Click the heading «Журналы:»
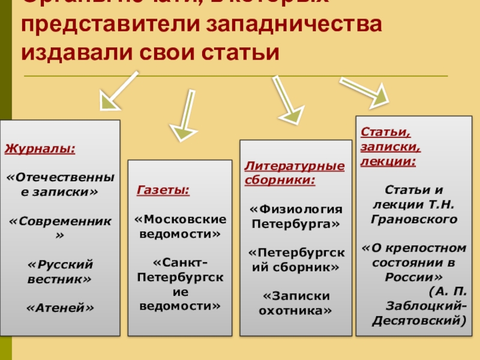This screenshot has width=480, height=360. coord(40,148)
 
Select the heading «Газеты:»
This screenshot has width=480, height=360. coord(163,190)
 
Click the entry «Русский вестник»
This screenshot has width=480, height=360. coord(59,271)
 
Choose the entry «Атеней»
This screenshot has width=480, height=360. coord(59,308)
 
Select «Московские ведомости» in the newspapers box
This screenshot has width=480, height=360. coord(180,226)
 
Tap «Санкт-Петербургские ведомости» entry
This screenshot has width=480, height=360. coord(180,284)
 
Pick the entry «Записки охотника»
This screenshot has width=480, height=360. coord(295,303)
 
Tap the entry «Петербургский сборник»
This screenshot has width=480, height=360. coord(295,259)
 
